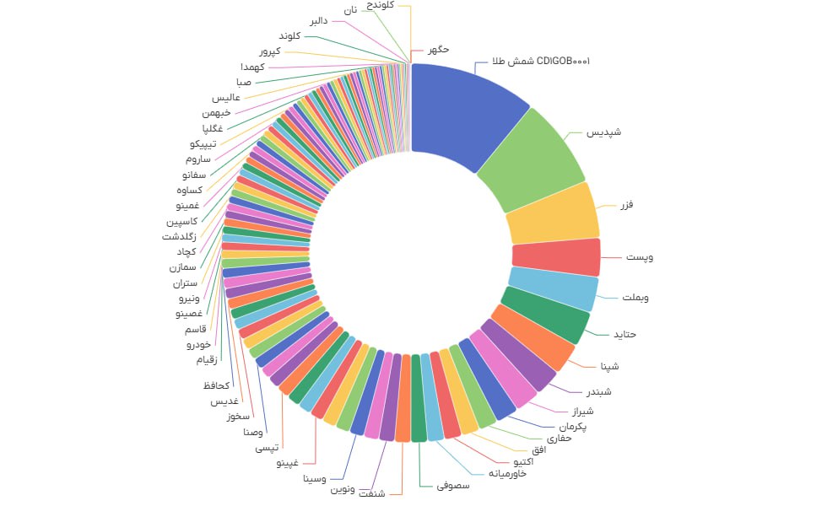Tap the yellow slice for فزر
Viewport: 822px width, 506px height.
553,214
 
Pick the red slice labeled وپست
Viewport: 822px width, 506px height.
556,257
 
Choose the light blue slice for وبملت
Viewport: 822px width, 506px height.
553,288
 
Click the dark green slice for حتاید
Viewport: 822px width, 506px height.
544,316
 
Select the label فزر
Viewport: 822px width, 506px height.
626,205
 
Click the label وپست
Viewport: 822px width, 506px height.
640,256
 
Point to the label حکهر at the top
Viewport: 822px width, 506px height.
438,50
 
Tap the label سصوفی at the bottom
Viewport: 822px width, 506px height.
452,486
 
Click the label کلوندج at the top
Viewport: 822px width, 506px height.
387,5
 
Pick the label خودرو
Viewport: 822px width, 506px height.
202,344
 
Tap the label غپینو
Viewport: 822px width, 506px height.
293,463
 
